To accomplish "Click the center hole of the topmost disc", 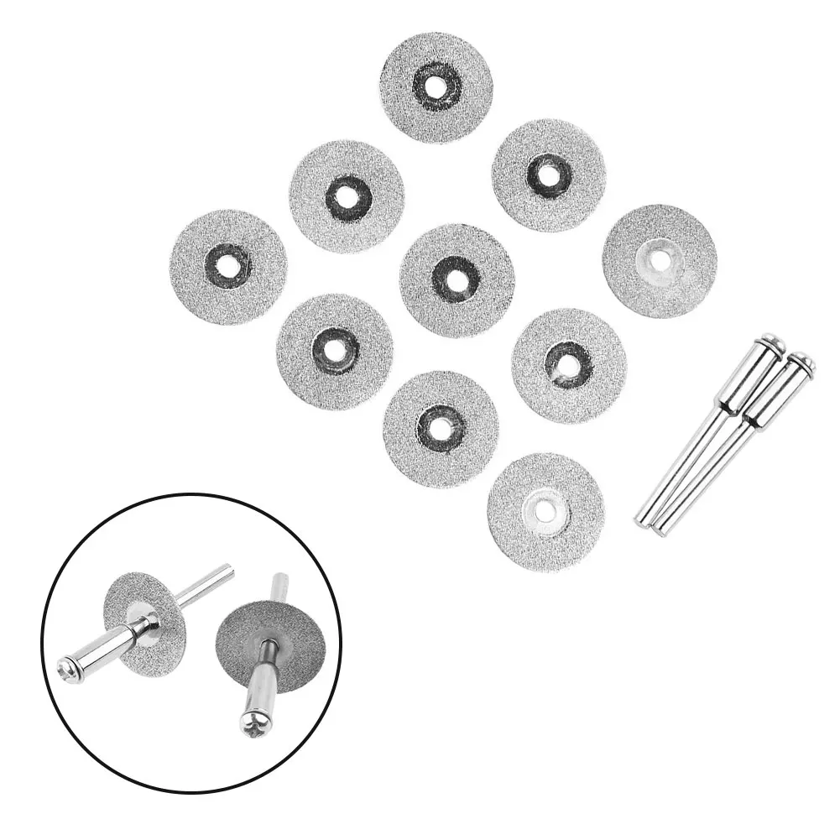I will [x=436, y=86].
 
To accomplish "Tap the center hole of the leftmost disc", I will [x=227, y=266].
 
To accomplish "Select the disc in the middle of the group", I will [x=457, y=279].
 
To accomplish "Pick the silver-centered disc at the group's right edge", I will [x=660, y=260].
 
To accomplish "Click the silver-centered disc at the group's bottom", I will [x=545, y=510].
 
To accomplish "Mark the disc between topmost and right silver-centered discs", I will [x=549, y=175].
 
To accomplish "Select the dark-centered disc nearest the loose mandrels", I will [x=568, y=365].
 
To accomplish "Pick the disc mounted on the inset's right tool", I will [x=270, y=639].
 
